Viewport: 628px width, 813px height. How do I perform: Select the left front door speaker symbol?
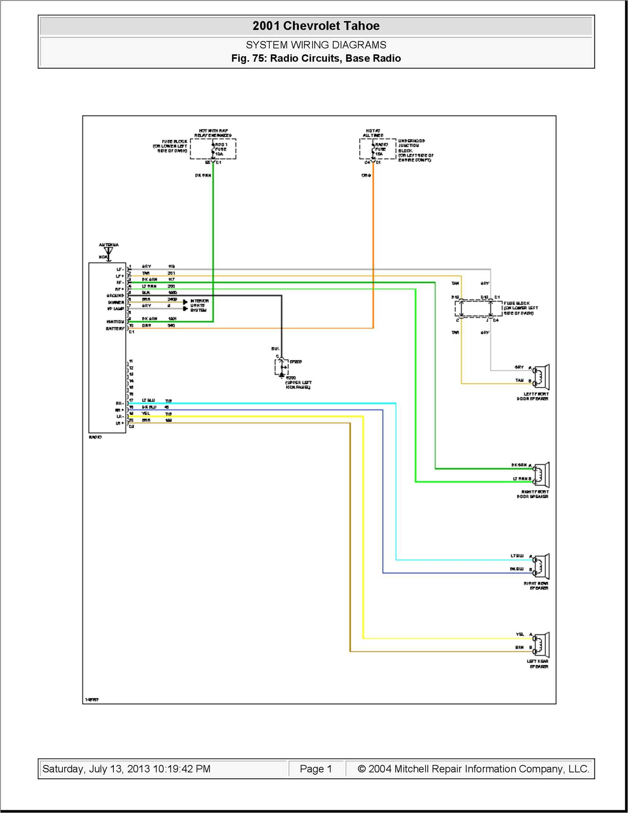pyautogui.click(x=542, y=377)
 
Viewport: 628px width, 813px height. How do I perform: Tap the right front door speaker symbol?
pyautogui.click(x=542, y=475)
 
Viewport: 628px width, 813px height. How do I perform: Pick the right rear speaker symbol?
pyautogui.click(x=542, y=566)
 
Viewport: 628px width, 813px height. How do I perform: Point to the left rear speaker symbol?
pyautogui.click(x=542, y=645)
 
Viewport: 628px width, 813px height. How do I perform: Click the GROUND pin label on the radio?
pyautogui.click(x=115, y=295)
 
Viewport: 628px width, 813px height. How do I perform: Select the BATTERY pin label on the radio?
pyautogui.click(x=115, y=328)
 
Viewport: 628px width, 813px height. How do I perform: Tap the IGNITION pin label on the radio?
pyautogui.click(x=115, y=322)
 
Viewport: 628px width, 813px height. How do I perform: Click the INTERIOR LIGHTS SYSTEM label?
pyautogui.click(x=199, y=306)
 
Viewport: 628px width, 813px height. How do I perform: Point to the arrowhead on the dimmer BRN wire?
pyautogui.click(x=185, y=302)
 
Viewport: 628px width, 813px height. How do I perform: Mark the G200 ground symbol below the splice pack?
pyautogui.click(x=281, y=375)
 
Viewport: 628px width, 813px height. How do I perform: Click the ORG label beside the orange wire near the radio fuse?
pyautogui.click(x=366, y=176)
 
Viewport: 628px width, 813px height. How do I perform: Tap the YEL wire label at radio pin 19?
pyautogui.click(x=146, y=413)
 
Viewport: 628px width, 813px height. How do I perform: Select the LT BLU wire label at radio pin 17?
pyautogui.click(x=148, y=400)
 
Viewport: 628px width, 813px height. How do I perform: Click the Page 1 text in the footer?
pyautogui.click(x=316, y=769)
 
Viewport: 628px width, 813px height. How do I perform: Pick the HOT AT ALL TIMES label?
pyautogui.click(x=373, y=133)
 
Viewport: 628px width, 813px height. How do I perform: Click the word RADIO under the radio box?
pyautogui.click(x=95, y=437)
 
